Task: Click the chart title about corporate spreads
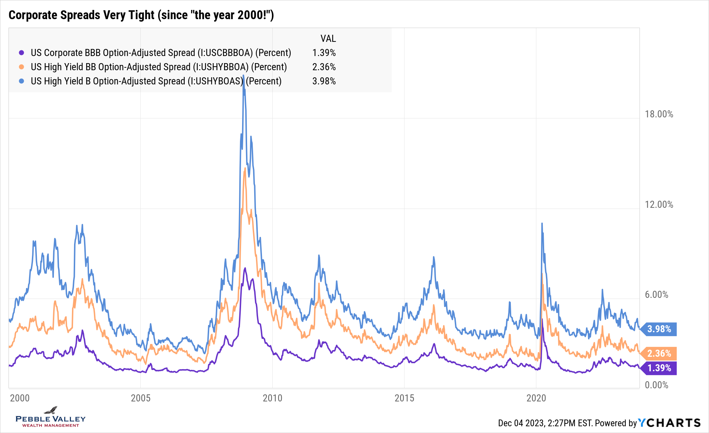[x=141, y=15]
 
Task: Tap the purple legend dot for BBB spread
[x=22, y=53]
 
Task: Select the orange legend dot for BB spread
[x=22, y=67]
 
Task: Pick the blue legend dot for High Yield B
[x=22, y=81]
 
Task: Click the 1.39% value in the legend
[x=324, y=53]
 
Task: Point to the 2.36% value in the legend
[x=324, y=67]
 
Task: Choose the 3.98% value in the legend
[x=324, y=81]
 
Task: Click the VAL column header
[x=328, y=39]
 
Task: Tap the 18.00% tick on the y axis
[x=659, y=114]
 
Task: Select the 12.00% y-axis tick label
[x=659, y=205]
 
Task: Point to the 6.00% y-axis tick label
[x=656, y=295]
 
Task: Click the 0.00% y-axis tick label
[x=656, y=385]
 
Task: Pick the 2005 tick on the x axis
[x=141, y=398]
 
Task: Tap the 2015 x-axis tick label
[x=404, y=398]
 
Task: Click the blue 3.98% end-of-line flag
[x=659, y=329]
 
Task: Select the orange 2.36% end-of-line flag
[x=659, y=354]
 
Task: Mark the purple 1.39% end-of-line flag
[x=659, y=368]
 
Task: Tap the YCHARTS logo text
[x=669, y=423]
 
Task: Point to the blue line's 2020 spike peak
[x=542, y=223]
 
